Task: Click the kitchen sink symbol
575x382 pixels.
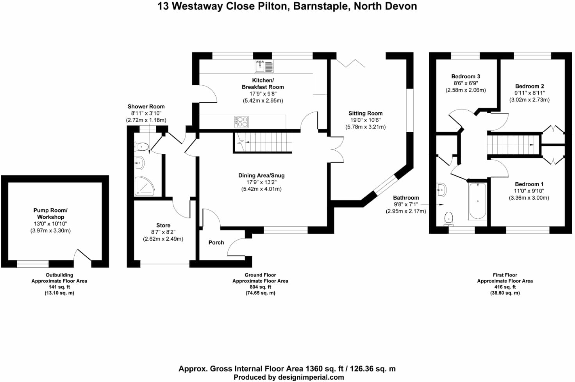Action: [x=264, y=66]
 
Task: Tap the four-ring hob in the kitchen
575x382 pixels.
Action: [x=241, y=122]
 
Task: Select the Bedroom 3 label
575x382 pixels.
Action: [x=466, y=76]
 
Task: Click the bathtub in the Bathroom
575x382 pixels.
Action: [x=477, y=201]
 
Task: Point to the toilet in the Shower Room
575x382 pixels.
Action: [x=142, y=147]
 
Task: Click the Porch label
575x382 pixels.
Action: [x=216, y=243]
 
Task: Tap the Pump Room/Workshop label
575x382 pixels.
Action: [x=50, y=214]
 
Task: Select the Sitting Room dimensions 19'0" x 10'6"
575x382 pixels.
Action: [x=365, y=120]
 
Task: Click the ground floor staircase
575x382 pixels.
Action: [x=263, y=142]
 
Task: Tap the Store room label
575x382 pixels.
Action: [x=163, y=225]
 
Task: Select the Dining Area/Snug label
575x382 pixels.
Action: [x=261, y=175]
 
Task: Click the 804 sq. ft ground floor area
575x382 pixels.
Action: [x=260, y=287]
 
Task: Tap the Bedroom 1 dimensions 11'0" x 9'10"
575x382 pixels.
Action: [x=529, y=191]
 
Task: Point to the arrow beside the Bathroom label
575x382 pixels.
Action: [x=441, y=204]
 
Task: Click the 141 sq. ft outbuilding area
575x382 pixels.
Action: [x=59, y=287]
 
